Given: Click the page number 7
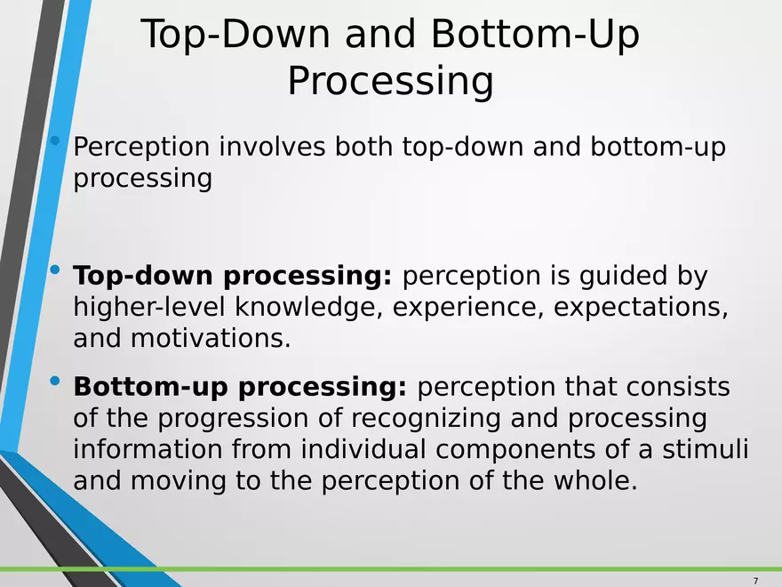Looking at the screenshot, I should (755, 581).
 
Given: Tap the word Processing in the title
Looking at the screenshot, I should (390, 82).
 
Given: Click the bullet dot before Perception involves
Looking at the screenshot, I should (56, 141).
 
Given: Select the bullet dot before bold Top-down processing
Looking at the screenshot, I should (56, 270).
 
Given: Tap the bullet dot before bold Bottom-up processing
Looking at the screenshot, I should (56, 382).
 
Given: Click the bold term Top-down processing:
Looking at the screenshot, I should (232, 277).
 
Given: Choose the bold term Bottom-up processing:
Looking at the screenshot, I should (240, 389).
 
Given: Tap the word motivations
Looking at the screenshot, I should (211, 339).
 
